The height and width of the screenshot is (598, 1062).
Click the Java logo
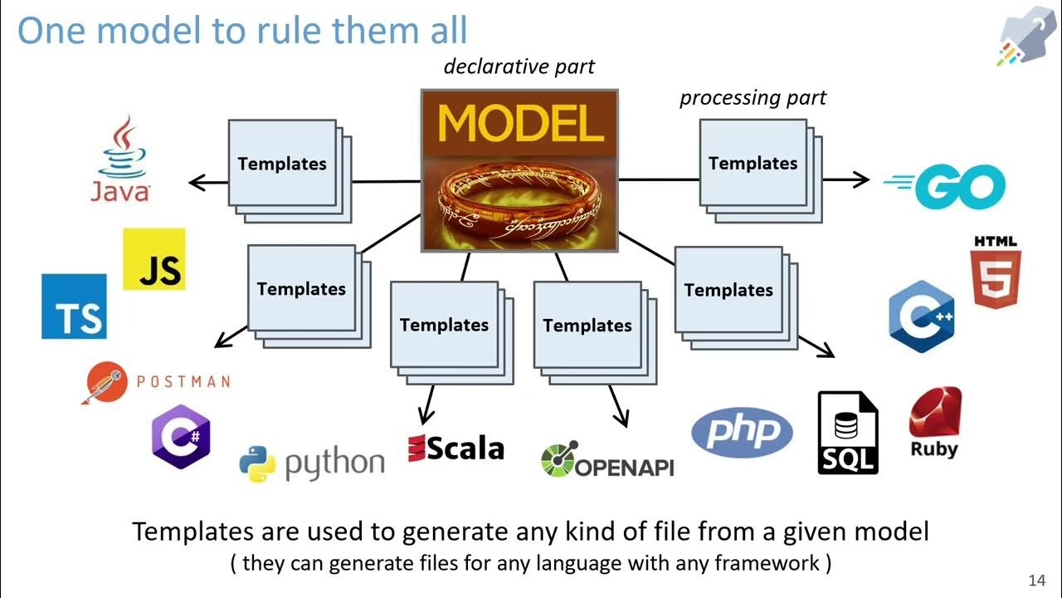(121, 159)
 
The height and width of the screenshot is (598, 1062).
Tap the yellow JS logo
(154, 259)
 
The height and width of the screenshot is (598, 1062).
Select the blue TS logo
(75, 306)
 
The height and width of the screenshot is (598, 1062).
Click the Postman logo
(156, 381)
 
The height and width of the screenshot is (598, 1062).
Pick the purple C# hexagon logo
(181, 437)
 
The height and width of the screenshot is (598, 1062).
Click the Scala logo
(456, 448)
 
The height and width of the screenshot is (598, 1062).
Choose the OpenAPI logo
(607, 460)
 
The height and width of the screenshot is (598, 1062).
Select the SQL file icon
(847, 434)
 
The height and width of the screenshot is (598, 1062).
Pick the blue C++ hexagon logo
(921, 316)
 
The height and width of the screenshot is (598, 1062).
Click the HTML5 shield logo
(996, 273)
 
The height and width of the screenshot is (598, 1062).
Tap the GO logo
(945, 187)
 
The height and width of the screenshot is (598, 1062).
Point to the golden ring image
(520, 203)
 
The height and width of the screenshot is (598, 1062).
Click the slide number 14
(1036, 580)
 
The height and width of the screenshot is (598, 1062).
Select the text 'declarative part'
(519, 66)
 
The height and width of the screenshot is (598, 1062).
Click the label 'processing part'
(753, 98)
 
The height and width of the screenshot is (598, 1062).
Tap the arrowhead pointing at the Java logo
(196, 182)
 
